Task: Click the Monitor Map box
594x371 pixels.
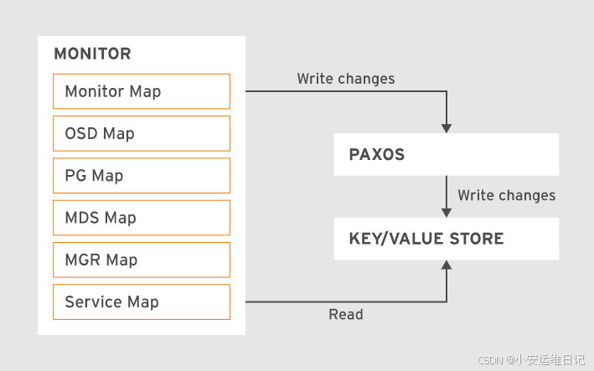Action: point(141,91)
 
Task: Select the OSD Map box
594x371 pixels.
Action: point(141,133)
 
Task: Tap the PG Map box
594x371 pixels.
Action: point(141,175)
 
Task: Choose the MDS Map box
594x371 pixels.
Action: point(141,218)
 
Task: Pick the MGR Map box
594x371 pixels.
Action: point(141,260)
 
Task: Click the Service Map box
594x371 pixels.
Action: point(141,302)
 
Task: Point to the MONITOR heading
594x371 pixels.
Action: point(92,54)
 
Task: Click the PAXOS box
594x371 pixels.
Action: point(446,154)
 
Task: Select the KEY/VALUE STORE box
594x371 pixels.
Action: point(446,239)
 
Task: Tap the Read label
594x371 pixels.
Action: point(346,315)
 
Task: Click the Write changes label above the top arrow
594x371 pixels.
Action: point(346,79)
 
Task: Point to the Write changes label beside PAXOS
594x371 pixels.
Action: point(506,195)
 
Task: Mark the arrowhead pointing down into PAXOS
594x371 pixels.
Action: point(447,127)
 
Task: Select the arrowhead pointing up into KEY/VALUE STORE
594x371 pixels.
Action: point(447,265)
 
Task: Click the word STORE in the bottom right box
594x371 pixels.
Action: point(475,239)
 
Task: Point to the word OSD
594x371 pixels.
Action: point(80,133)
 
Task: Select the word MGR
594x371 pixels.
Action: point(83,260)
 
